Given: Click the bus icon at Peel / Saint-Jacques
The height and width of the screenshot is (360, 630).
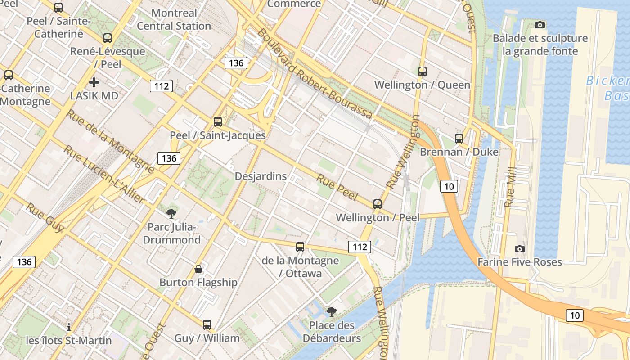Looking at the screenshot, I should (x=218, y=121).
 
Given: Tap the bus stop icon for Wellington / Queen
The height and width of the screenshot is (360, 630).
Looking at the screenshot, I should (x=422, y=71).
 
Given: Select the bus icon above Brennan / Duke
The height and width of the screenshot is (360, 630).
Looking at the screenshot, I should (x=459, y=138).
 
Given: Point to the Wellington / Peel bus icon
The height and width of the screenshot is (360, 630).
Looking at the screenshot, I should (x=377, y=204).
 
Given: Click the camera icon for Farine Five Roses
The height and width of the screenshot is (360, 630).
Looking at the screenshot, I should (x=519, y=249).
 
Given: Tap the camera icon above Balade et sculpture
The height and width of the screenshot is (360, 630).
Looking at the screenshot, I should (x=540, y=25).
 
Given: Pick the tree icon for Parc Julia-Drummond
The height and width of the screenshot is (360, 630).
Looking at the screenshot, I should (x=171, y=213).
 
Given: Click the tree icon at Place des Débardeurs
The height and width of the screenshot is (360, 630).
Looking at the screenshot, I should (x=332, y=311).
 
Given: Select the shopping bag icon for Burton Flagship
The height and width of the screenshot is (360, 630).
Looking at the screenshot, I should (x=198, y=269).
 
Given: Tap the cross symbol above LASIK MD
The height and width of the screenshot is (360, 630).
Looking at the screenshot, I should (x=94, y=82).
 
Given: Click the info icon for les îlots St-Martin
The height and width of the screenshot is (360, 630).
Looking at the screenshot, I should (x=68, y=327).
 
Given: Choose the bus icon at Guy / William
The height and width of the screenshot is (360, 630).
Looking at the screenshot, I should (x=207, y=324).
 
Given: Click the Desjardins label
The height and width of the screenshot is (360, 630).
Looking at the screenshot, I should (x=261, y=176).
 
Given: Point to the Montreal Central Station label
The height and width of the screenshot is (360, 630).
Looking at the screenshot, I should (x=174, y=19).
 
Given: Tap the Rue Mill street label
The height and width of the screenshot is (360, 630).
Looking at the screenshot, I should (x=510, y=187).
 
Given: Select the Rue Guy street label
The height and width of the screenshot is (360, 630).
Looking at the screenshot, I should (x=45, y=218).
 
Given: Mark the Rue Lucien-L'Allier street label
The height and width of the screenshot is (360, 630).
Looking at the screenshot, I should (x=104, y=174).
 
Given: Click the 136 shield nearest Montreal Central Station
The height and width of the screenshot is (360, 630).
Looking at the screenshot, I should (x=236, y=63).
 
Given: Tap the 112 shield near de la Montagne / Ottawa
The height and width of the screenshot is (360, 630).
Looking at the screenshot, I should (x=359, y=247).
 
